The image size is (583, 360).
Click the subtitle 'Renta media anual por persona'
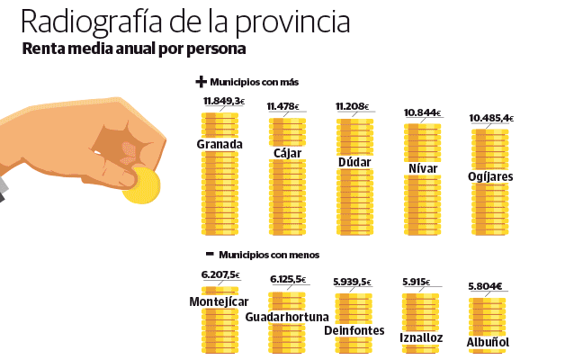point(134,49)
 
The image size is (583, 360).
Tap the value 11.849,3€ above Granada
point(223,101)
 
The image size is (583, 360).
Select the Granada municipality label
point(220,144)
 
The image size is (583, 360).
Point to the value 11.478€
point(285,107)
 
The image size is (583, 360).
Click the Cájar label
point(287,152)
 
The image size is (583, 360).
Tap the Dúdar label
point(354,162)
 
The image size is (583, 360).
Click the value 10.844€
point(422,113)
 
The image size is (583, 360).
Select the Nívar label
point(423,167)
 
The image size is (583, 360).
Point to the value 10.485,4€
point(491,118)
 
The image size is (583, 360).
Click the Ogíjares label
point(490,176)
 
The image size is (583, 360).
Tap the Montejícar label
point(220,301)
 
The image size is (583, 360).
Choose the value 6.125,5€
point(288,280)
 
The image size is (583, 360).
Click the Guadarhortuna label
point(287,317)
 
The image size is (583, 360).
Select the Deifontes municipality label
point(354,330)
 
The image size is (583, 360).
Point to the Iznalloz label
point(421,337)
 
